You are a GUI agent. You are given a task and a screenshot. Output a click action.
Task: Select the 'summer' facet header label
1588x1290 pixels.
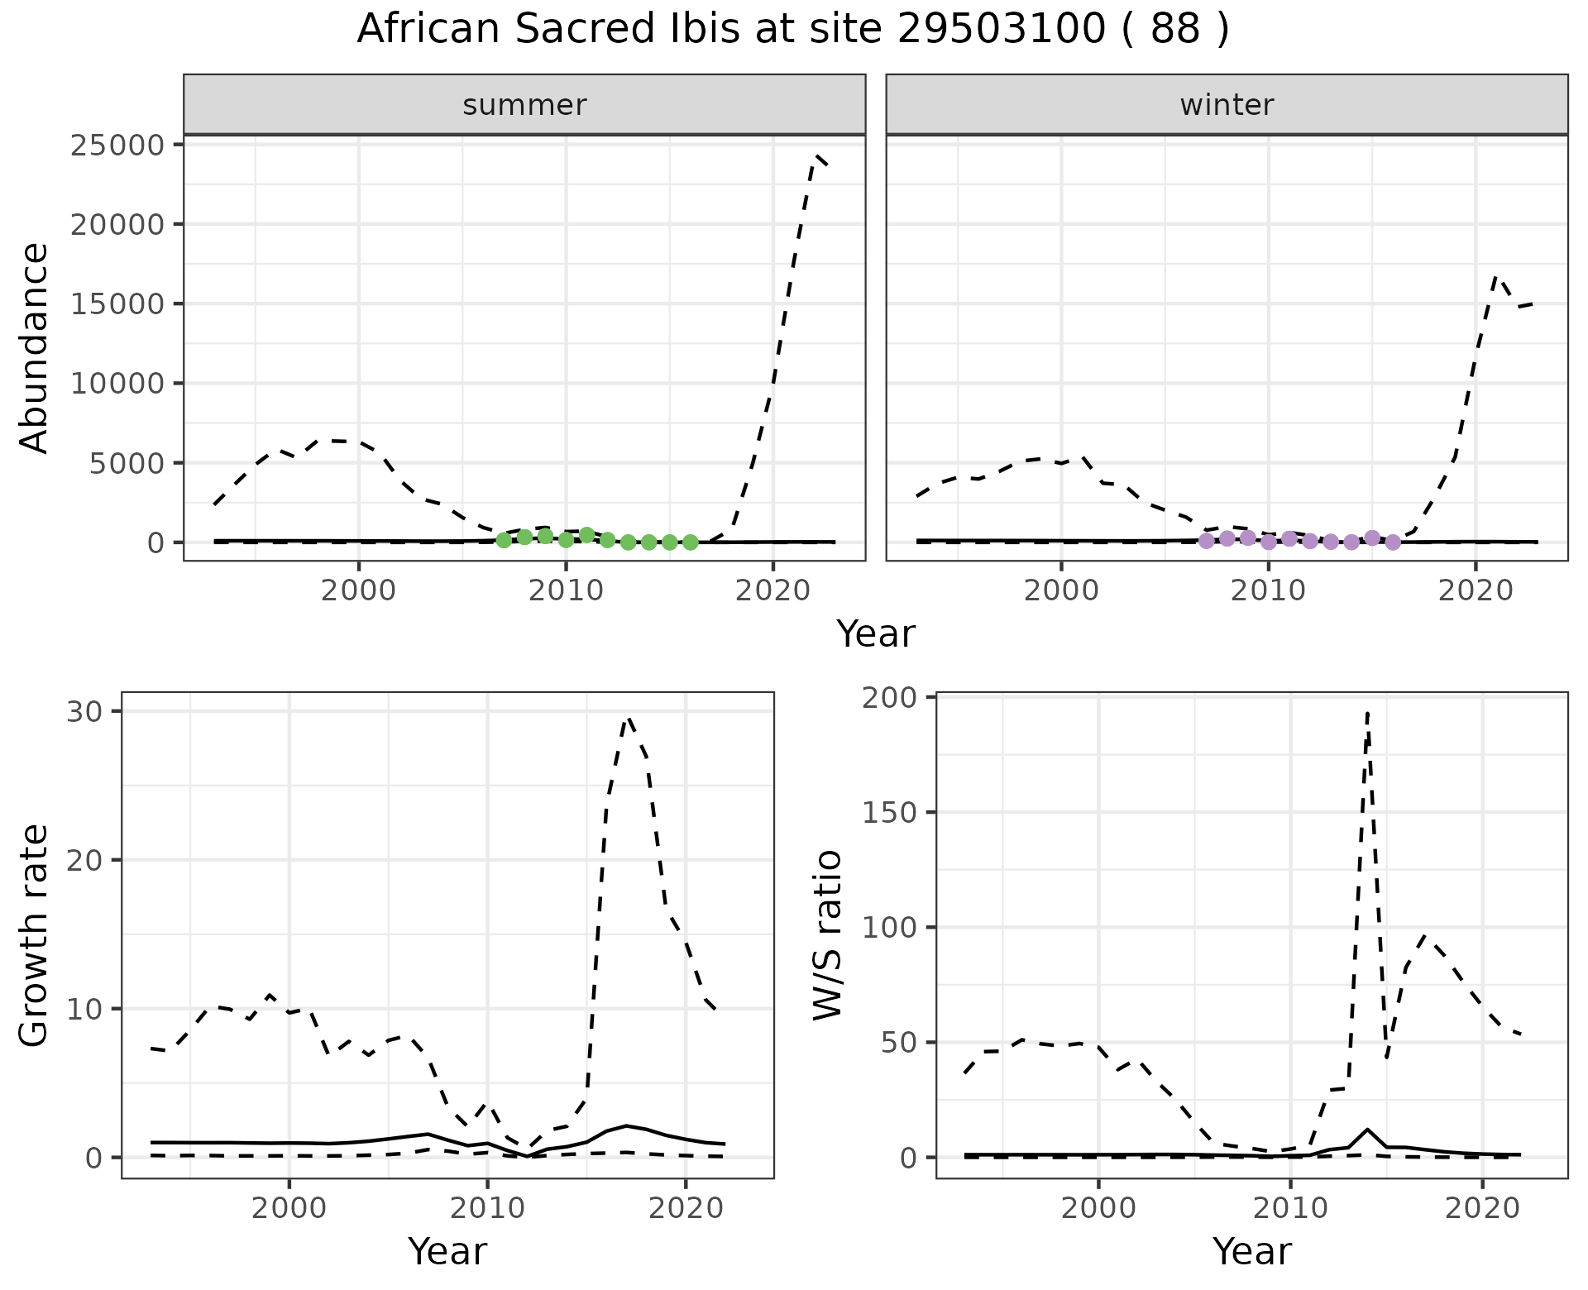point(524,105)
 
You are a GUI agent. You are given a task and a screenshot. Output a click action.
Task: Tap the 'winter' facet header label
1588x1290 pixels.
point(1227,105)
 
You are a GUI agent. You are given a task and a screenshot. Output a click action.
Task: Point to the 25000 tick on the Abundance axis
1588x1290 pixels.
point(119,146)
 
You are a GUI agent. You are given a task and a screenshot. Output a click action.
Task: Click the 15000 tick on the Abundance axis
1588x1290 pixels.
point(119,304)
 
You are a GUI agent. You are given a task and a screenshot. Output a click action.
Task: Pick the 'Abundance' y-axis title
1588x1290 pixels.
point(35,347)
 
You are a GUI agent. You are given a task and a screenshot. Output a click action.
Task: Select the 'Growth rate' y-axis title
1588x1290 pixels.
point(35,936)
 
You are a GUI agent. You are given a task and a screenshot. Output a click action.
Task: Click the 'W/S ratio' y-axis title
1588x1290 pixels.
point(827,934)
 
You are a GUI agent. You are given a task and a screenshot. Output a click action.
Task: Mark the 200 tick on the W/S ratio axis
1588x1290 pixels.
point(892,698)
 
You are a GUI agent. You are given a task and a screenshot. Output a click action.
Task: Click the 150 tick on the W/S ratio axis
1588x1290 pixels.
point(892,813)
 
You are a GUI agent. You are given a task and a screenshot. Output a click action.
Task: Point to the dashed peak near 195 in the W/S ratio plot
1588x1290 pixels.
point(1368,713)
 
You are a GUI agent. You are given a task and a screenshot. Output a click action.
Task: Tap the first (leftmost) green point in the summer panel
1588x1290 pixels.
point(504,540)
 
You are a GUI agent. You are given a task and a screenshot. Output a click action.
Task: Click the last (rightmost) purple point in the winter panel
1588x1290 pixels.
point(1393,542)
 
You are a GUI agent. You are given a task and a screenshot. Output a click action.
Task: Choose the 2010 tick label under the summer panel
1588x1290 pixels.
point(566,590)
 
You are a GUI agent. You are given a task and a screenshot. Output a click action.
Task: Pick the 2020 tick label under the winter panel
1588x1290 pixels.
point(1476,590)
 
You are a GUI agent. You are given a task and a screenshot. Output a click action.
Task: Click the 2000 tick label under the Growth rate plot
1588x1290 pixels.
point(289,1207)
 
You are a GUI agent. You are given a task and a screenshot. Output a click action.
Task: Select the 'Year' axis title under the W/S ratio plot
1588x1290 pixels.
point(1251,1251)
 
